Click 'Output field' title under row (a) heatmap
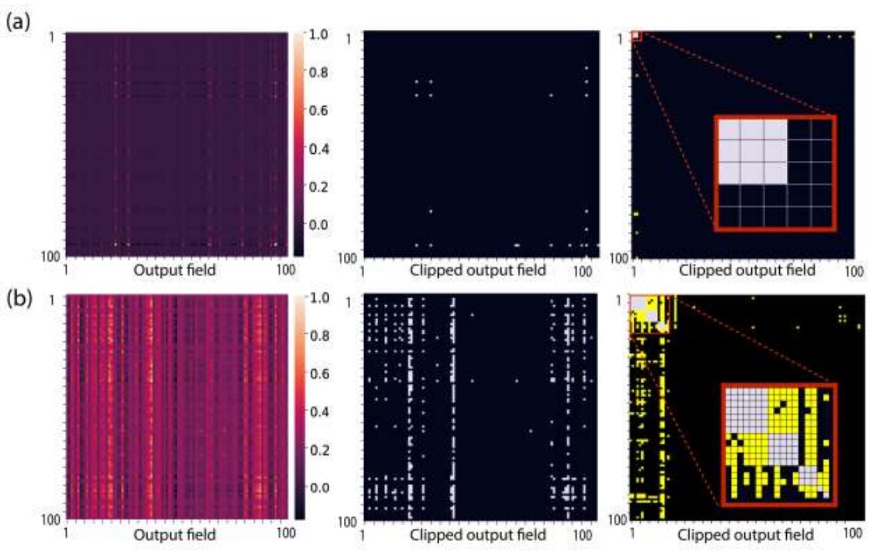point(175,270)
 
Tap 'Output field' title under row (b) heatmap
point(175,535)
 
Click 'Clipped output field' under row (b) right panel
point(746,536)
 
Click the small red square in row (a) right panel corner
point(636,36)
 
